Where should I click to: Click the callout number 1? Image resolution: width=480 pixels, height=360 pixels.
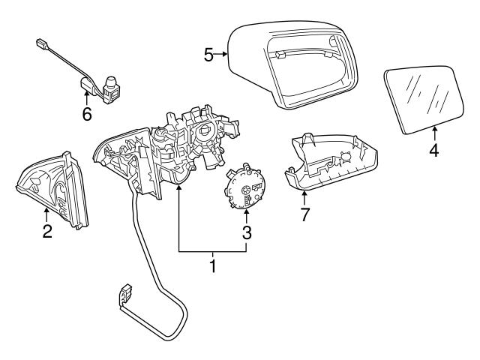point(212,265)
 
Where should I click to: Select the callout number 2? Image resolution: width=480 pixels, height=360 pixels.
point(46,232)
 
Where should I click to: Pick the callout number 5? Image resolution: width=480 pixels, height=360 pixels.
point(209,54)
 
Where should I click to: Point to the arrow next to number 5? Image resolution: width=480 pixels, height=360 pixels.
point(223,54)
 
